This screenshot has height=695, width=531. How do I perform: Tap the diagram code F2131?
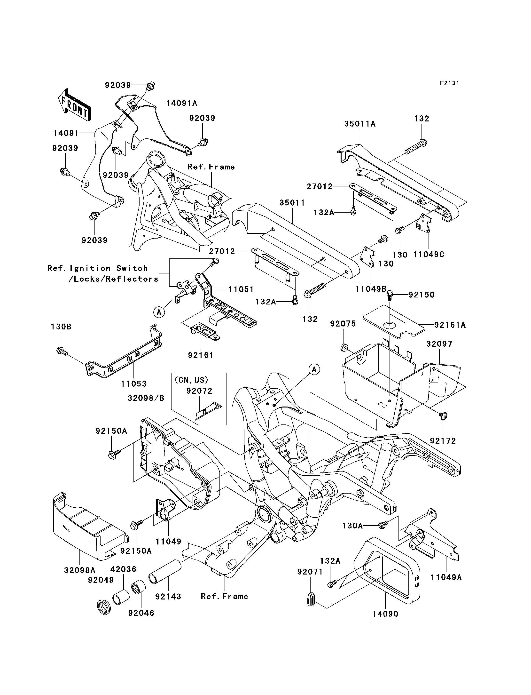point(449,83)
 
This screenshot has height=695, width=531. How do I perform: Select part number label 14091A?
point(181,103)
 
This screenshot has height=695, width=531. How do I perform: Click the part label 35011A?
point(360,124)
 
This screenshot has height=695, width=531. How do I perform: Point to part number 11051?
point(241,289)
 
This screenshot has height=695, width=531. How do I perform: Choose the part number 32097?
point(439,344)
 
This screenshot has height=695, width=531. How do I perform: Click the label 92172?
point(443,441)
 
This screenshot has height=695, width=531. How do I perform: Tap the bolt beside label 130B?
point(61,351)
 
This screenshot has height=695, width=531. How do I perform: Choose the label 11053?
point(134,384)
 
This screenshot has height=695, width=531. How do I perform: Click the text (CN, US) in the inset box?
point(192,380)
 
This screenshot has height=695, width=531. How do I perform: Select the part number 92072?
point(199,391)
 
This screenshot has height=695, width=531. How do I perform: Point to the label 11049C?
point(429,254)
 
